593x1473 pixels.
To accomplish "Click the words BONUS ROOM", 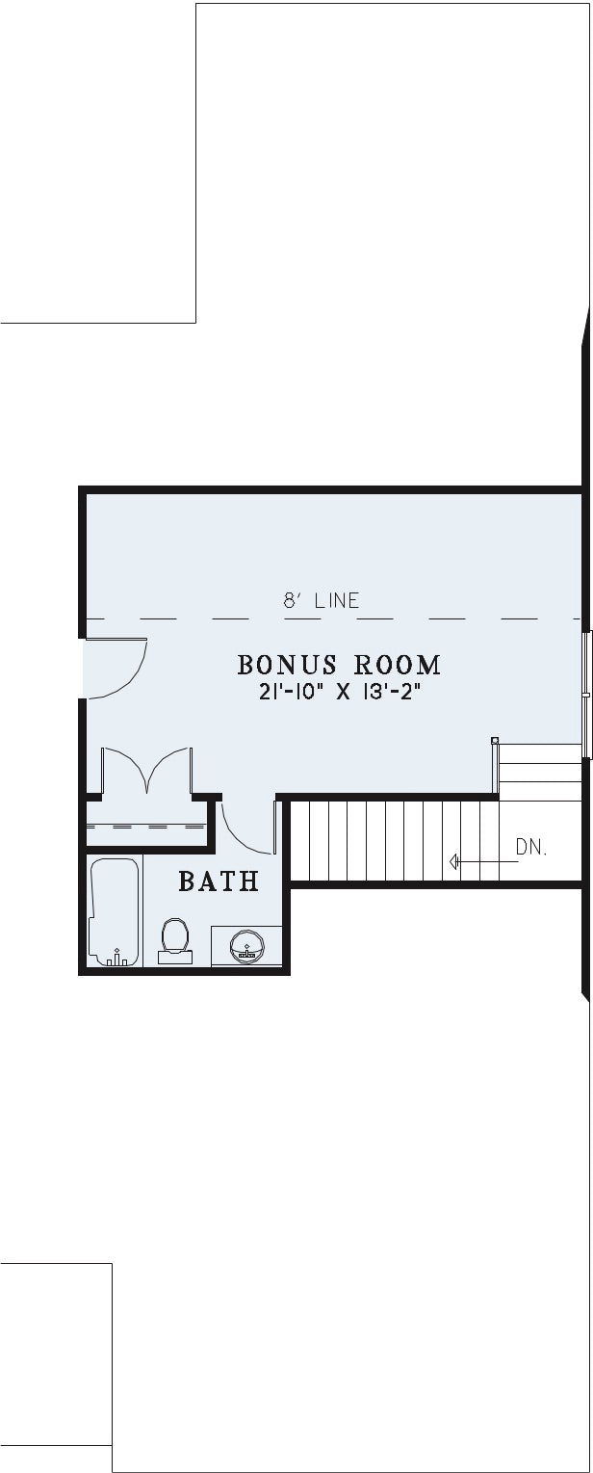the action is (339, 665).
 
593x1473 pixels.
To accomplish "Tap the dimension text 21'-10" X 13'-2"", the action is (339, 693).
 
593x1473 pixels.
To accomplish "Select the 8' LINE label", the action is (322, 600).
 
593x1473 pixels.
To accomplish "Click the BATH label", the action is (219, 881).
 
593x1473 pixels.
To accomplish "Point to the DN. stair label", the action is (531, 848).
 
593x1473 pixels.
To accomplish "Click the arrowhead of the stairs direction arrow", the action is (453, 861).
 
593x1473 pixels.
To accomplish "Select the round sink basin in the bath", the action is (245, 944).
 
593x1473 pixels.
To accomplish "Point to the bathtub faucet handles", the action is (116, 959).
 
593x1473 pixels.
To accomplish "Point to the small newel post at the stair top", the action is (495, 740).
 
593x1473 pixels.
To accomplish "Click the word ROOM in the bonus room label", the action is (398, 665).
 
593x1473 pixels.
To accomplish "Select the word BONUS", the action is (288, 665).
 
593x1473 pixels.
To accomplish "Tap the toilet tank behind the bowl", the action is (175, 958).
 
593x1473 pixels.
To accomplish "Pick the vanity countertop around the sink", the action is (246, 946).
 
